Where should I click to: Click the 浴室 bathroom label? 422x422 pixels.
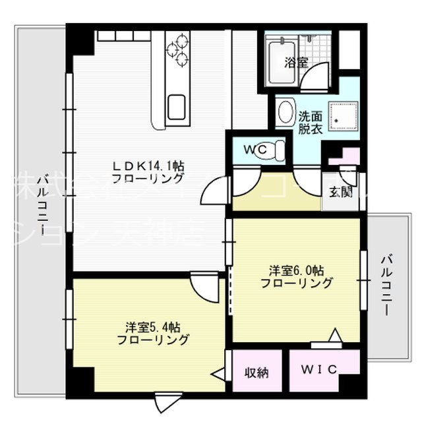(296, 63)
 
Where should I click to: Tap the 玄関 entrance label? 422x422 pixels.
(341, 193)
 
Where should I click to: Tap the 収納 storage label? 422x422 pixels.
(258, 373)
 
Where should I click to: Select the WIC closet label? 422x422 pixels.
(319, 370)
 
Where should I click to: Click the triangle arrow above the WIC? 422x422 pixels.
(335, 336)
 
